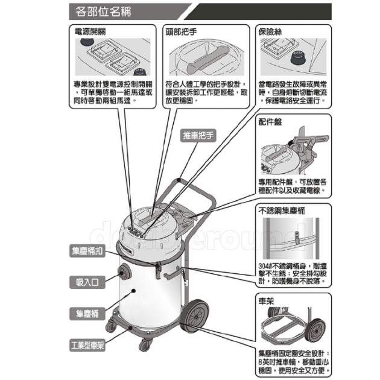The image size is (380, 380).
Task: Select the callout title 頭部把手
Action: [183, 31]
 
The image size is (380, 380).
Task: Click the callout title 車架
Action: [266, 299]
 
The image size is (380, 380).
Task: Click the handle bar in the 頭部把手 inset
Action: [201, 61]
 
